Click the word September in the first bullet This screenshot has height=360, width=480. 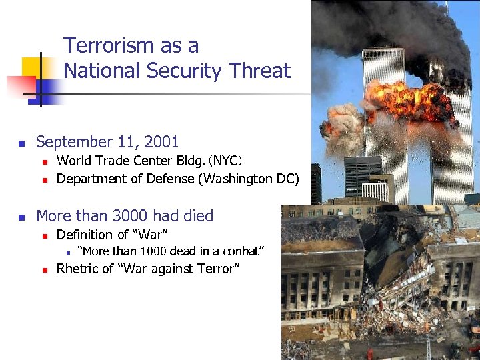click(73, 142)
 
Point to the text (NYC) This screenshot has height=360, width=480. click(225, 161)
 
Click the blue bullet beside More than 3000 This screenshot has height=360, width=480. click(21, 217)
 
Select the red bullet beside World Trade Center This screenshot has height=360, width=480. click(43, 161)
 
